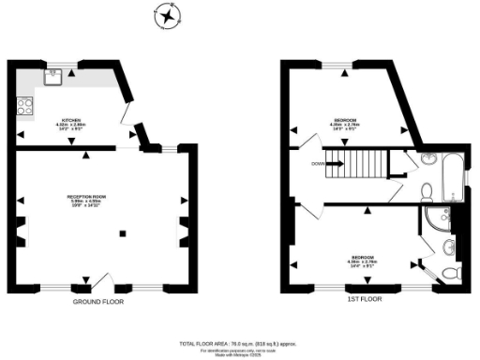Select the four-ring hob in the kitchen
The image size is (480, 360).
pos(23,107)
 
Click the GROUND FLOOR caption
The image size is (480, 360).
pos(98,303)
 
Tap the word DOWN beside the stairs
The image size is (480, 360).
pos(320,166)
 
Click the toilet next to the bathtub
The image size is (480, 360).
pos(427,191)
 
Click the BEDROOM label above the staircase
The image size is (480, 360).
pos(343,122)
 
